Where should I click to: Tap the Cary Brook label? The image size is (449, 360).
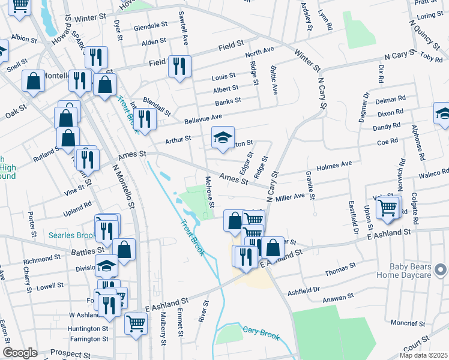(261, 332)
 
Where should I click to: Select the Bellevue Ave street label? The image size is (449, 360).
(203, 118)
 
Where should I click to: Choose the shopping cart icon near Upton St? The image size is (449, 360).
(388, 208)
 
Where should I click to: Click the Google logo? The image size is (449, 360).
(20, 353)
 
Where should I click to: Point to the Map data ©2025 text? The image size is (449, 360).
(423, 355)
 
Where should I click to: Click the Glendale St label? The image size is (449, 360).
(150, 27)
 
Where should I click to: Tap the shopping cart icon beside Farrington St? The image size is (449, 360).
(136, 323)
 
